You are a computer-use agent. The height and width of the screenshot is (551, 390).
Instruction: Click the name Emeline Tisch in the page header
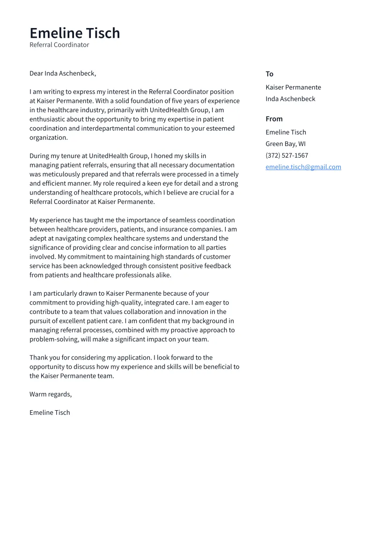[75, 33]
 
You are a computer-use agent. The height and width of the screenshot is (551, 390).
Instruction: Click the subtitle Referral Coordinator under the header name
[59, 45]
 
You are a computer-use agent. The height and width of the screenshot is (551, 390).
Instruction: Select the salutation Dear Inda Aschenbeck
[63, 73]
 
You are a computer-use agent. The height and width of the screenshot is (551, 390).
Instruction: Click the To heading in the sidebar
[269, 74]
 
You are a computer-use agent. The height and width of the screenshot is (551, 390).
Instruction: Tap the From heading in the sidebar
[274, 119]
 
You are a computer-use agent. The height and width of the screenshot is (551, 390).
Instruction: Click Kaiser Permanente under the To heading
[293, 87]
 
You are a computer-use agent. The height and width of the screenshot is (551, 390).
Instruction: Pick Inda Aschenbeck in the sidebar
[290, 99]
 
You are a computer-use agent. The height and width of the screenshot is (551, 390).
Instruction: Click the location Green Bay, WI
[286, 144]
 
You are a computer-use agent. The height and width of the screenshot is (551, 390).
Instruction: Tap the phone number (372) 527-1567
[287, 155]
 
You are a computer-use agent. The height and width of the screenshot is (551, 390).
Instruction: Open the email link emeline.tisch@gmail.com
[303, 167]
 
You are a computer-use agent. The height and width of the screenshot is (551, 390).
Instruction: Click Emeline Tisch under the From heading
[286, 132]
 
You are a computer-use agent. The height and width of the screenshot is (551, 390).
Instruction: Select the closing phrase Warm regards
[50, 394]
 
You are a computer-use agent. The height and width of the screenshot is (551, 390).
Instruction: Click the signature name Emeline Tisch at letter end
[50, 413]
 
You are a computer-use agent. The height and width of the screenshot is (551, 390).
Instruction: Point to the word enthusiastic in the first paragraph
[48, 119]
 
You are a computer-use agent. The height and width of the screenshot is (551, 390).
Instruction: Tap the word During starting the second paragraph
[39, 156]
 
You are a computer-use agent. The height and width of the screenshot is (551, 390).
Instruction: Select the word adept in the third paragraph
[38, 239]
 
